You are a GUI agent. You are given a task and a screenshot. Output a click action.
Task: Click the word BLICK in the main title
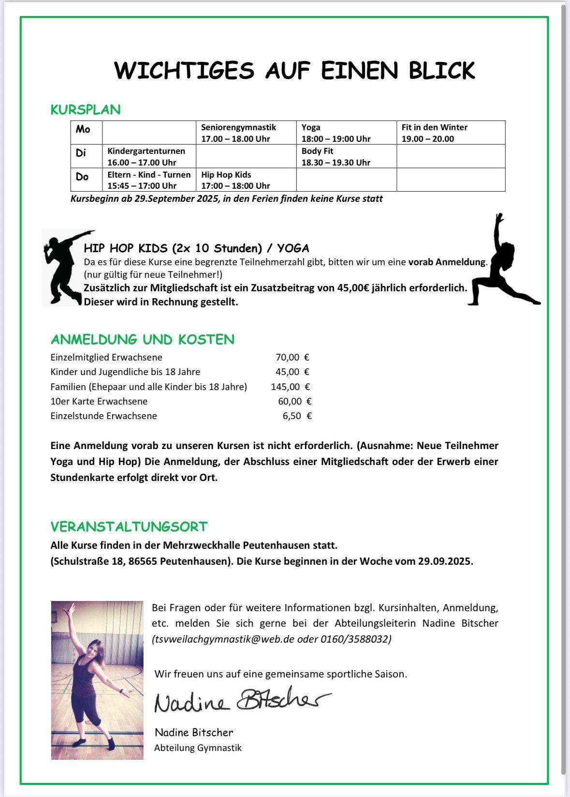(442, 71)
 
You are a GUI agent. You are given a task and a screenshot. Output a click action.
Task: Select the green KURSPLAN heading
(86, 110)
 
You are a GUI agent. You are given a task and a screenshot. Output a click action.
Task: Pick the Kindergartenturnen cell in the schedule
(146, 156)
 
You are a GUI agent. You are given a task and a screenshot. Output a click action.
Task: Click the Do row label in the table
(82, 177)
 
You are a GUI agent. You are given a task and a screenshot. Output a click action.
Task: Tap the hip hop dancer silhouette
(63, 267)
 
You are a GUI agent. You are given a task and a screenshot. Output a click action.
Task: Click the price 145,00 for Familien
(285, 387)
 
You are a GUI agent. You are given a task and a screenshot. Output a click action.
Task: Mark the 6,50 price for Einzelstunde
(292, 416)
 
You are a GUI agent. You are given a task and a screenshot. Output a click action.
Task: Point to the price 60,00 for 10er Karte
(290, 401)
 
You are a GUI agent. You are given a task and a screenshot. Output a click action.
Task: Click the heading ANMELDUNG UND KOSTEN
(143, 340)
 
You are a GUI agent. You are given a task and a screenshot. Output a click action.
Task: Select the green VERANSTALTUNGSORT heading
(129, 526)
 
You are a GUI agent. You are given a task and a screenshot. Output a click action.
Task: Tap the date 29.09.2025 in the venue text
(444, 561)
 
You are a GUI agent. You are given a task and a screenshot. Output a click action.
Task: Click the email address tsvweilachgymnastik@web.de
(223, 639)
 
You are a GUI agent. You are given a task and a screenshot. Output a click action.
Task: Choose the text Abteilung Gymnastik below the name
(198, 748)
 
